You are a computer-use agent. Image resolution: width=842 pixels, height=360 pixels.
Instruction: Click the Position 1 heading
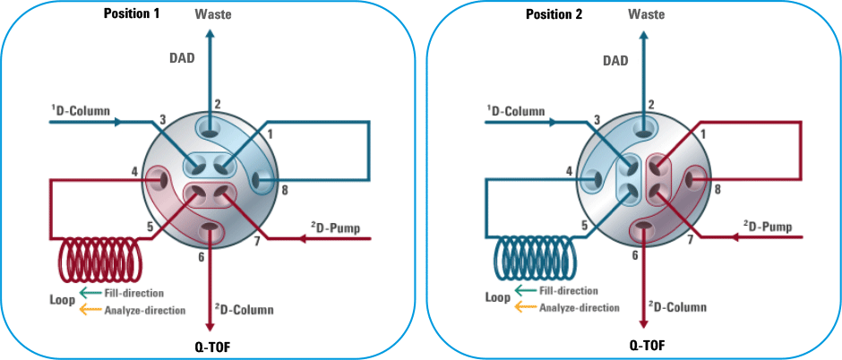(133, 13)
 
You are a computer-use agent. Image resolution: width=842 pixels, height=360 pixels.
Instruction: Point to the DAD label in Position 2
(614, 60)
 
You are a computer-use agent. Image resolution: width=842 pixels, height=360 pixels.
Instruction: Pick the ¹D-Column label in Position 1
(80, 112)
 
